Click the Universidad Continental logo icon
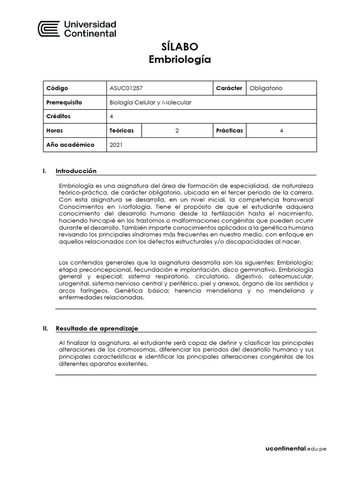pyautogui.click(x=48, y=29)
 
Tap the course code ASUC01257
pyautogui.click(x=123, y=88)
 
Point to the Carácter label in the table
pyautogui.click(x=229, y=88)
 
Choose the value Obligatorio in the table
pyautogui.click(x=266, y=88)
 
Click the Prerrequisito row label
pyautogui.click(x=65, y=102)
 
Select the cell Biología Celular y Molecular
pyautogui.click(x=150, y=102)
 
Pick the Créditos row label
pyautogui.click(x=59, y=116)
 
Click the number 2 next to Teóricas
pyautogui.click(x=177, y=131)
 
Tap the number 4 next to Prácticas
pyautogui.click(x=281, y=131)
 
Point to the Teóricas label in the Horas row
pyautogui.click(x=122, y=131)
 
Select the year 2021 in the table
pyautogui.click(x=116, y=145)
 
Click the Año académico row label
pyautogui.click(x=70, y=145)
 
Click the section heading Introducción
pyautogui.click(x=76, y=171)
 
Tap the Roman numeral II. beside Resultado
pyautogui.click(x=45, y=329)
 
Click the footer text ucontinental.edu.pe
pyautogui.click(x=295, y=449)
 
